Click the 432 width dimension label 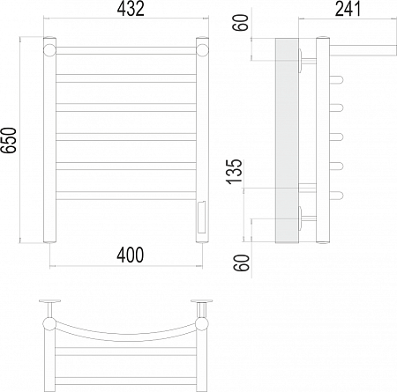[131, 9]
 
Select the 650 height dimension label [9, 140]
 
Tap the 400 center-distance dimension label [131, 255]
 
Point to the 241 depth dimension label [348, 9]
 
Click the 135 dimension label [235, 172]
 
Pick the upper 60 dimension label [241, 22]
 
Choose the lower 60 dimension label [242, 263]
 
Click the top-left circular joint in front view [49, 50]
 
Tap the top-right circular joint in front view [202, 50]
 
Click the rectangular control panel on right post [202, 217]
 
